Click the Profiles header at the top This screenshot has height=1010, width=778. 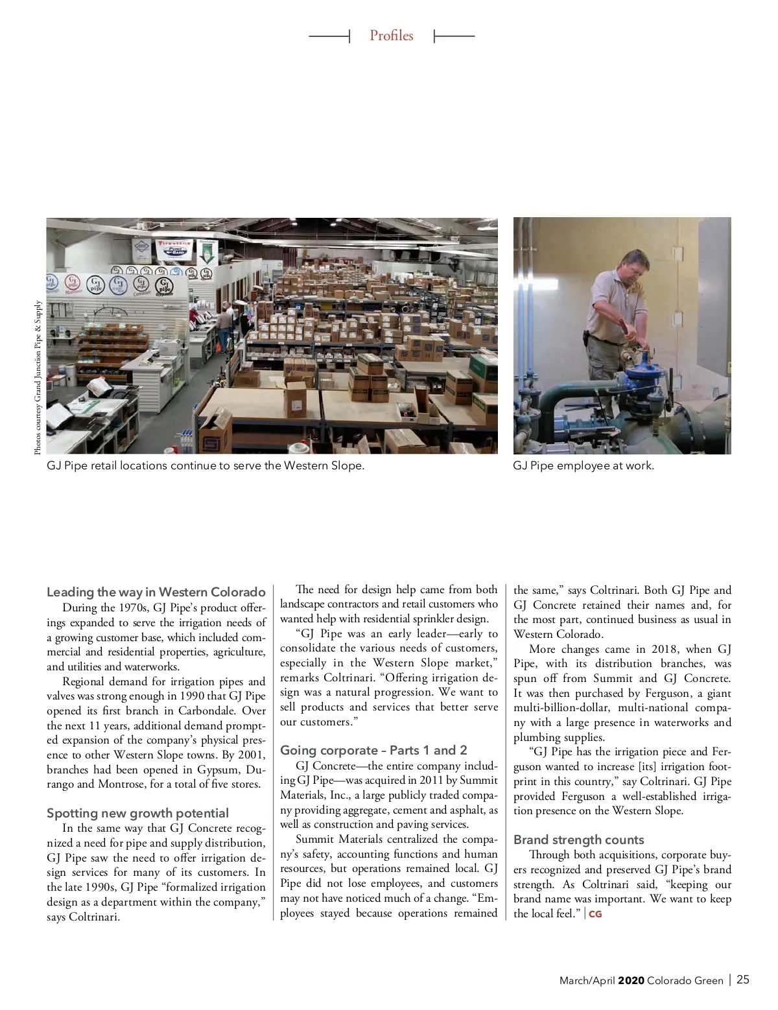pos(391,36)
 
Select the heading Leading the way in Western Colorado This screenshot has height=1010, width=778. pos(156,592)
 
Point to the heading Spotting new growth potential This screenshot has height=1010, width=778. pos(137,813)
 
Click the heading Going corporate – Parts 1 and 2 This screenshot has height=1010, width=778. pos(373,750)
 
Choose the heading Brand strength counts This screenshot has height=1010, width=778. pos(578,840)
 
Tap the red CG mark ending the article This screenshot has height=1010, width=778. pos(595,914)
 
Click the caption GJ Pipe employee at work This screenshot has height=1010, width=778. pos(583,465)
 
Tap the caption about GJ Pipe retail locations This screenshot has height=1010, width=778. pos(205,465)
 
